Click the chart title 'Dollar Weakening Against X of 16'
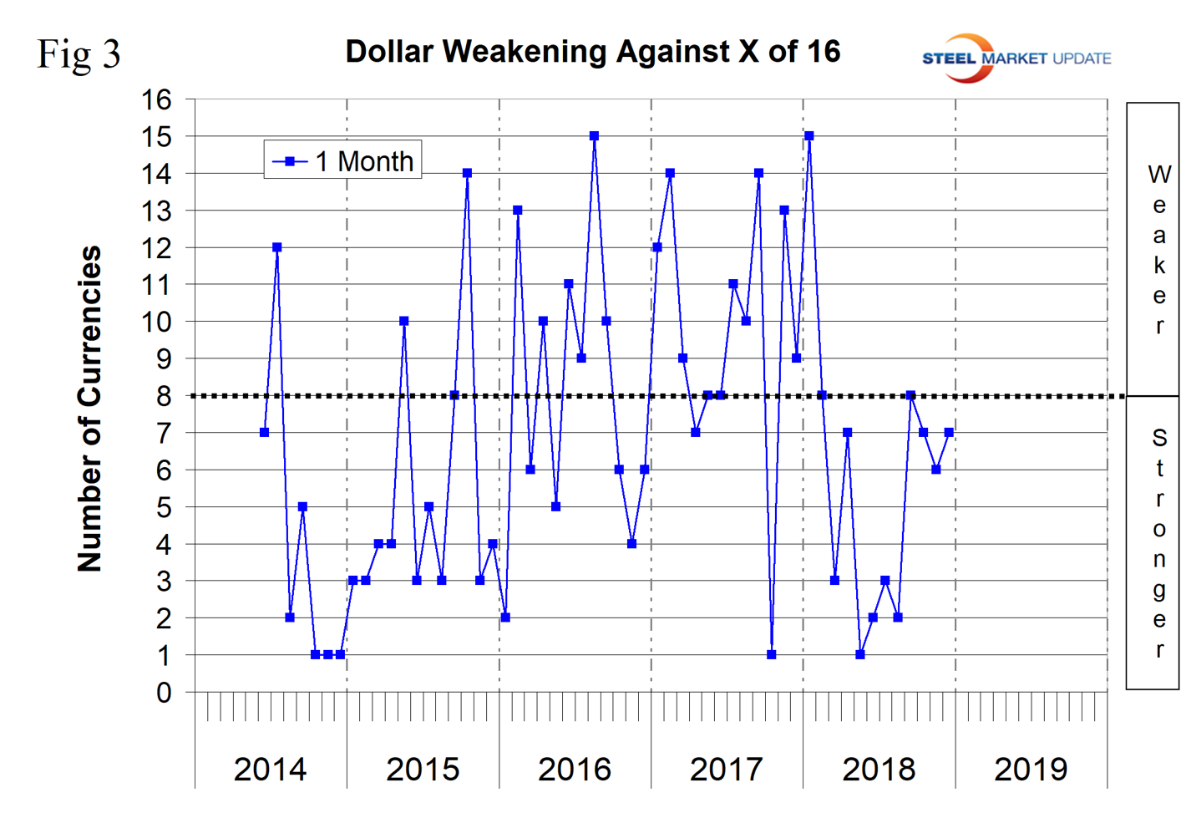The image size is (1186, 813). tap(592, 52)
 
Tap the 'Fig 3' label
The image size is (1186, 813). tap(79, 55)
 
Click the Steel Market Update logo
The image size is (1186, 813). tap(1016, 58)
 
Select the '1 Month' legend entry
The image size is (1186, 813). tap(343, 160)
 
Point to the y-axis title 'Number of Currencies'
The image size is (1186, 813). tap(89, 409)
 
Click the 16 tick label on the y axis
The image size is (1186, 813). tap(156, 99)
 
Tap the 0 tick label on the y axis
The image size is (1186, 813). tap(164, 692)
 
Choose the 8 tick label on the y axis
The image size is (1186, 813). tap(164, 396)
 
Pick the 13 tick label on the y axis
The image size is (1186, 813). tap(156, 211)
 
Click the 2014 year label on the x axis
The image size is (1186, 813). tap(270, 769)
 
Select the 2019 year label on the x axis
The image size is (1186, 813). tap(1031, 769)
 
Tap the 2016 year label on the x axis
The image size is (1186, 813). tap(575, 769)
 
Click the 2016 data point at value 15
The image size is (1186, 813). tap(594, 135)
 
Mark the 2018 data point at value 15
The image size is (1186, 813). tap(809, 135)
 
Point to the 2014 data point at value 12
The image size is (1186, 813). tap(277, 247)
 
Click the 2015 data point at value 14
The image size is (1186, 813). tap(467, 173)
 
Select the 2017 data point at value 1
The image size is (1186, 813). tap(771, 654)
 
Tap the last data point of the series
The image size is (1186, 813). tap(949, 432)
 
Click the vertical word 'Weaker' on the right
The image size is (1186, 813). tap(1158, 249)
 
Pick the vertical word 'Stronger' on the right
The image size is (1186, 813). tap(1158, 543)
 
